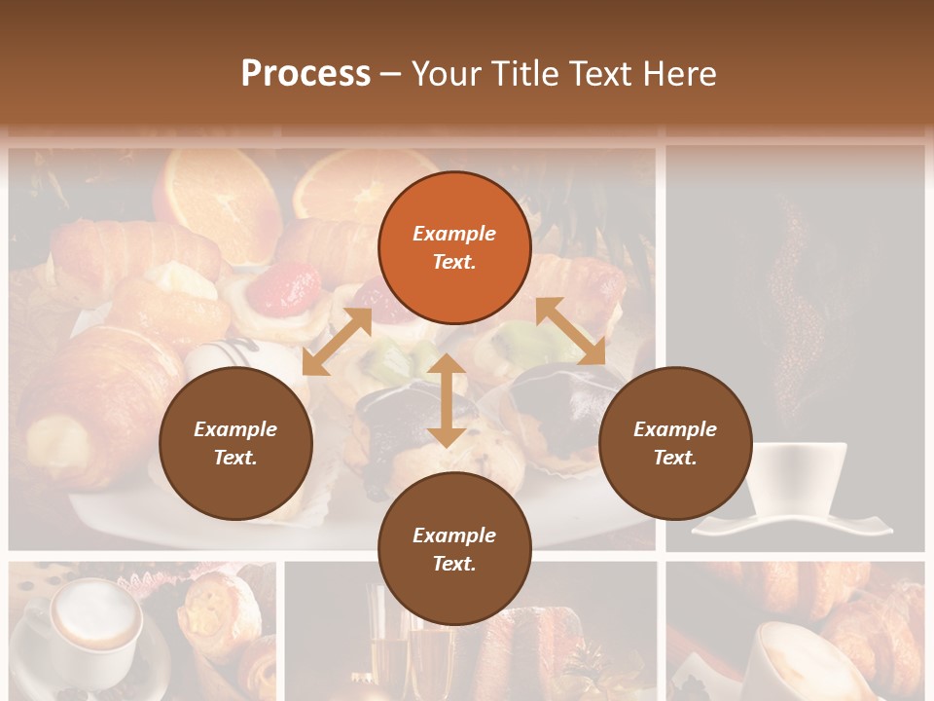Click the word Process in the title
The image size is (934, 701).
(x=305, y=74)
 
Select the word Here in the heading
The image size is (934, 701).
(x=678, y=74)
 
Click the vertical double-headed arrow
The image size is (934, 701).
(x=447, y=400)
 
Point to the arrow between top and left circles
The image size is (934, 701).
(x=337, y=341)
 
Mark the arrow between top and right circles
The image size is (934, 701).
(x=570, y=331)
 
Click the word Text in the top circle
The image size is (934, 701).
(x=454, y=262)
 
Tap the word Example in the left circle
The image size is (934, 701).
(x=235, y=429)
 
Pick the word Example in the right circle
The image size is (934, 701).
(x=675, y=429)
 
